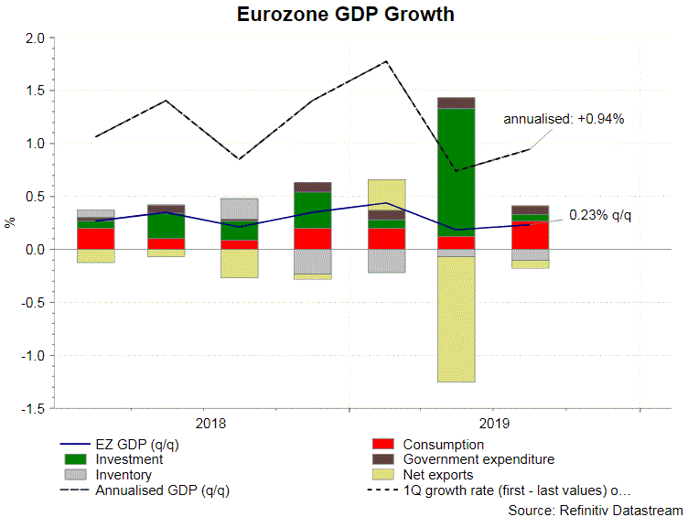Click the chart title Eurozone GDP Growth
point(345,16)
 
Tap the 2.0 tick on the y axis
point(36,38)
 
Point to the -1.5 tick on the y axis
point(34,408)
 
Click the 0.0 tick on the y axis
point(36,250)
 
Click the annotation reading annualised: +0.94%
point(564,120)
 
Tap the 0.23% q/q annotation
point(600,215)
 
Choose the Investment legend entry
point(129,459)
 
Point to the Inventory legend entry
point(124,475)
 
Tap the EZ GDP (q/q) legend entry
point(134,444)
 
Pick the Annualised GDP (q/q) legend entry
point(162,490)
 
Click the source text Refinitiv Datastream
point(595,509)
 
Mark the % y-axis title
point(11,222)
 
